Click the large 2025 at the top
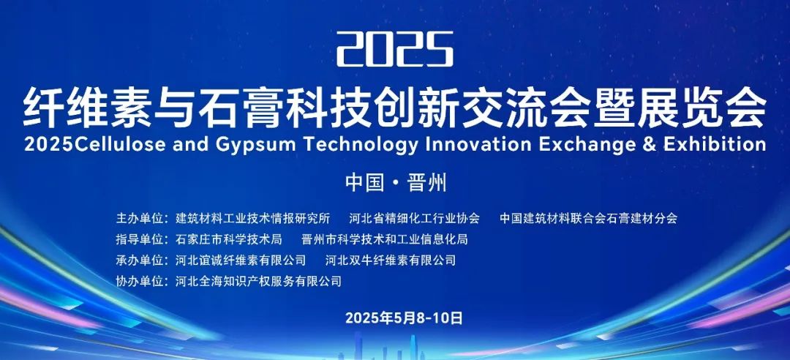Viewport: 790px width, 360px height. pos(395,49)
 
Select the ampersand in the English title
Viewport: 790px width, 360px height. pos(650,145)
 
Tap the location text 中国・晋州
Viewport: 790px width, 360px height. pos(396,183)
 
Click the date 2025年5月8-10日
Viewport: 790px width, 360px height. pos(404,318)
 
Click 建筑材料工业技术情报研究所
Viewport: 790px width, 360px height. pos(252,218)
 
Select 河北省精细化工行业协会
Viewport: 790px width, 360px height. pos(415,218)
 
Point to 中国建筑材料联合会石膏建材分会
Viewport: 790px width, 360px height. pos(588,218)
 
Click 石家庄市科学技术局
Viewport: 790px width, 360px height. pos(228,239)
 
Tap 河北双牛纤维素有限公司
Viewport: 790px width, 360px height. pos(391,260)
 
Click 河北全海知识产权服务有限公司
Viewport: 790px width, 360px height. pos(258,281)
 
